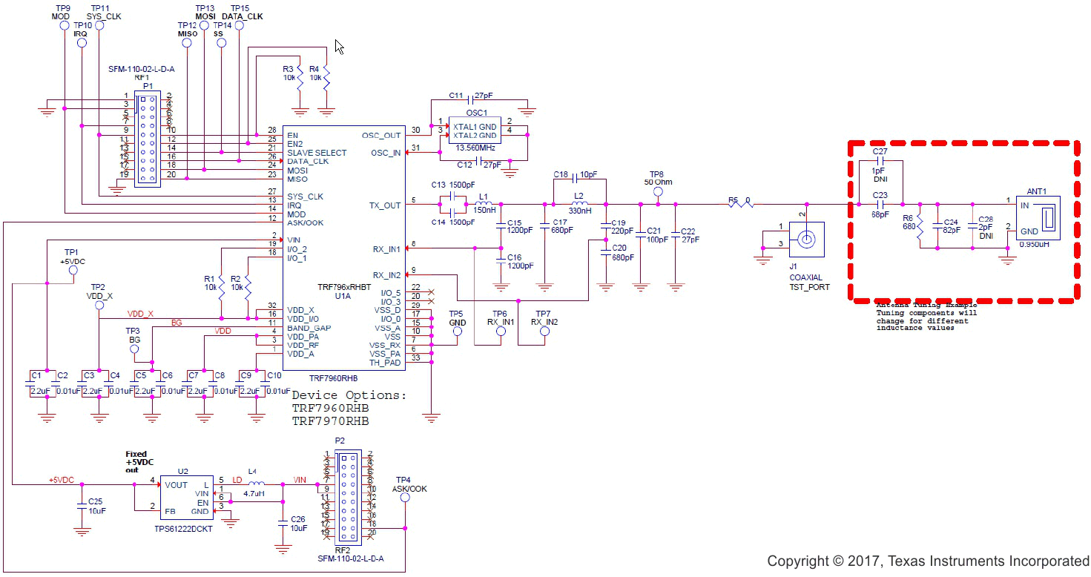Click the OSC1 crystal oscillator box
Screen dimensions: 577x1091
pyautogui.click(x=475, y=131)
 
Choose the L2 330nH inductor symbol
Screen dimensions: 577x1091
pyautogui.click(x=579, y=205)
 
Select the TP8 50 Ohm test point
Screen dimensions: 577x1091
pyautogui.click(x=657, y=192)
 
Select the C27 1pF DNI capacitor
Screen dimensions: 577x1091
pyautogui.click(x=880, y=160)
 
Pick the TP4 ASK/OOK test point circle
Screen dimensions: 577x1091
pyautogui.click(x=405, y=498)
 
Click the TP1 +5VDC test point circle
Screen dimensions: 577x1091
pyautogui.click(x=73, y=271)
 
